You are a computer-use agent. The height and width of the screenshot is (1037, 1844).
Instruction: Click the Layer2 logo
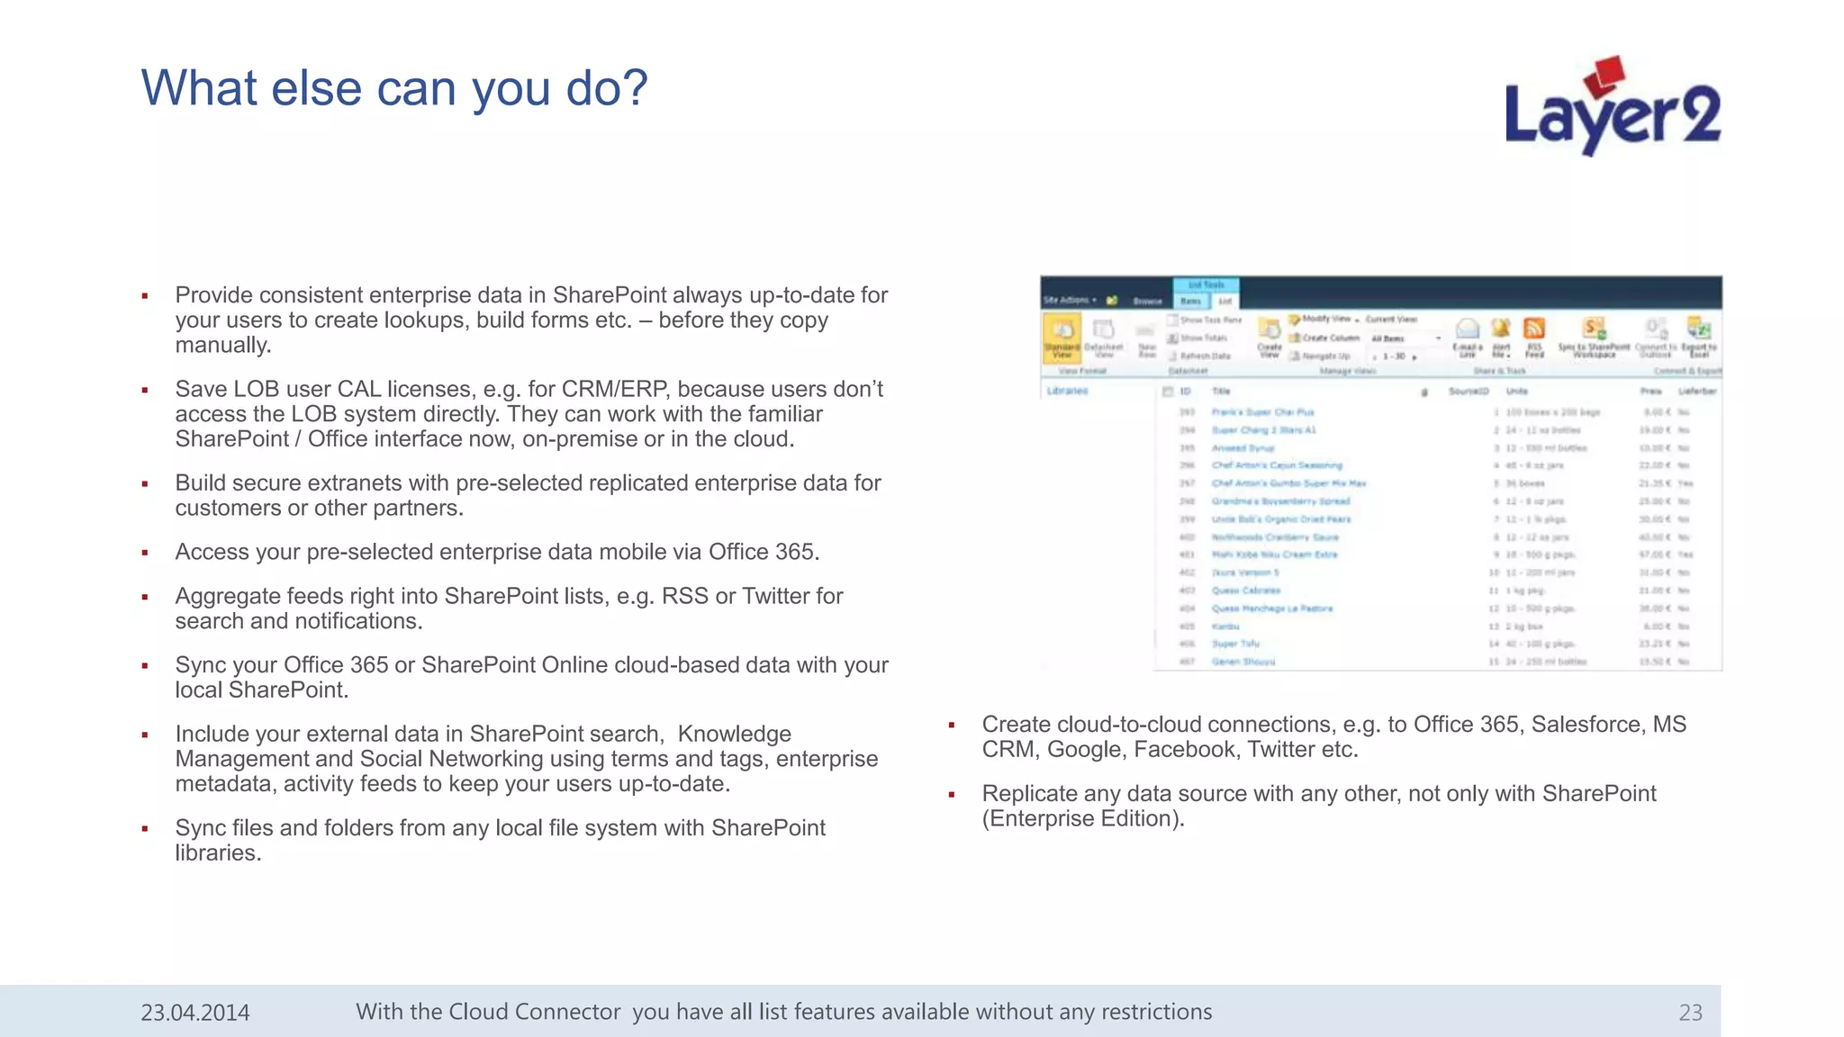1612,113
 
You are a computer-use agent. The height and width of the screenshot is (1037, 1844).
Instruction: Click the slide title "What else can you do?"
394,88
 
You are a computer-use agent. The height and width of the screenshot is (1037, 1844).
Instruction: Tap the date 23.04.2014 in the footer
194,1013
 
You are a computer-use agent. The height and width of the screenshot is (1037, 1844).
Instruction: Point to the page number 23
1690,1013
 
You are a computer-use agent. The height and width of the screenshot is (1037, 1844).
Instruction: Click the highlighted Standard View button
1062,336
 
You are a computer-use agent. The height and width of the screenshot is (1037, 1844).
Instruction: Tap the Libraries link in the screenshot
1068,391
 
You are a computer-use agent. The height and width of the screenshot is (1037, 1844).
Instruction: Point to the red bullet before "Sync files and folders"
145,829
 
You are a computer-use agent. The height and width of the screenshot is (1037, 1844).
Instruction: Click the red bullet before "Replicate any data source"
952,795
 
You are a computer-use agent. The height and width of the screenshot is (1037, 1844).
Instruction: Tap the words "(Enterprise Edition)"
1082,819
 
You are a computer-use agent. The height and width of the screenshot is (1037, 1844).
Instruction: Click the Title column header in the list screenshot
1221,392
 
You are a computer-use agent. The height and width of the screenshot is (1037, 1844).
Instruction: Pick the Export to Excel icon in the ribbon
1699,335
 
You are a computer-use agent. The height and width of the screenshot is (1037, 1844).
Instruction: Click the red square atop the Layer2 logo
1605,76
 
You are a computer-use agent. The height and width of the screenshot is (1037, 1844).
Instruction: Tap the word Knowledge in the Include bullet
734,735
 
